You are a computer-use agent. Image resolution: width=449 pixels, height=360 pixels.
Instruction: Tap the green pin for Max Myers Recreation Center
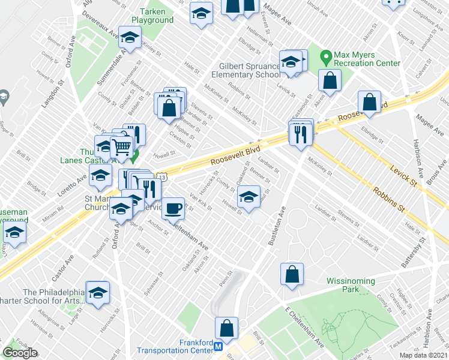tap(327, 58)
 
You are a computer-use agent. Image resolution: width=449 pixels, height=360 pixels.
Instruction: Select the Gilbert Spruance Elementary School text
tap(246, 70)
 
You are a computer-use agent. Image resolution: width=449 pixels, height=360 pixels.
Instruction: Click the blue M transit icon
tap(219, 347)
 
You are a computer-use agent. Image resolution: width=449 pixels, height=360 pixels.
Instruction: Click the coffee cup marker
tap(173, 208)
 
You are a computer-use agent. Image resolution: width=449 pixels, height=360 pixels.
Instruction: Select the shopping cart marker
tap(121, 146)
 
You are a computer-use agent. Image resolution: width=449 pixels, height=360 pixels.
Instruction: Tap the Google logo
tap(20, 353)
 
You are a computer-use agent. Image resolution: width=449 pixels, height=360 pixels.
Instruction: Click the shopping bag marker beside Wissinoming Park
tap(291, 274)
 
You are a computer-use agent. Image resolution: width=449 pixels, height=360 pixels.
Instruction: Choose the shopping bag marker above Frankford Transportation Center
tap(226, 328)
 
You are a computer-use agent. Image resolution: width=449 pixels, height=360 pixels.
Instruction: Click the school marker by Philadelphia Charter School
tap(98, 292)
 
